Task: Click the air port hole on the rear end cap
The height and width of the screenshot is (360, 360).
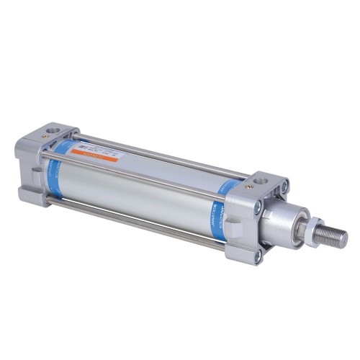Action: [52, 130]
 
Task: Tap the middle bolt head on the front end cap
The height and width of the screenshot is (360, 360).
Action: [258, 207]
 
